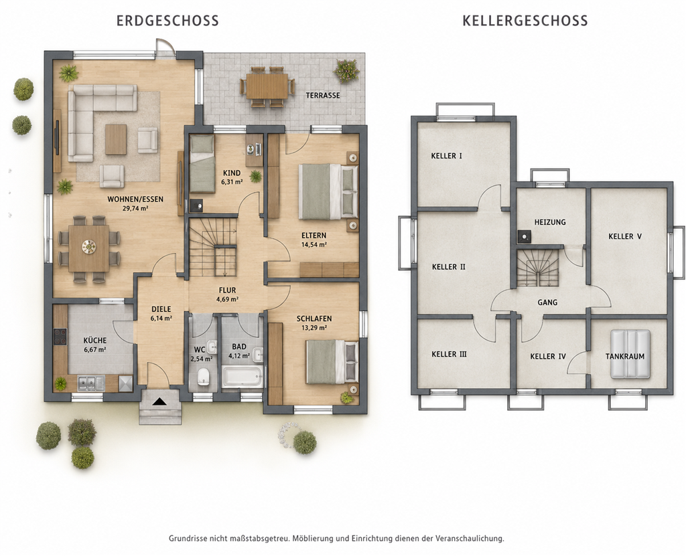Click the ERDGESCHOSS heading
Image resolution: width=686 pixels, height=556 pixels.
coord(167,21)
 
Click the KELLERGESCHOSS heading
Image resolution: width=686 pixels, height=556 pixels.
coord(525,21)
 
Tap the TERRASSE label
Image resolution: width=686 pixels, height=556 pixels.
coord(323,95)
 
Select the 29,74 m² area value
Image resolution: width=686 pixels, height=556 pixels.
coord(135,209)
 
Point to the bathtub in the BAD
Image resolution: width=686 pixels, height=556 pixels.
coord(243,376)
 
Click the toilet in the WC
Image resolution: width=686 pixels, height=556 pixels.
coord(203,376)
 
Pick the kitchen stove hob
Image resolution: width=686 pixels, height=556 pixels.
coord(60,337)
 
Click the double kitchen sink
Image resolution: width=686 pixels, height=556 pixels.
coord(91,383)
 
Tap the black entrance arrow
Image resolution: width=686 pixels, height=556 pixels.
coord(160,401)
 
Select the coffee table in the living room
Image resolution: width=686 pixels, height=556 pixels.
coord(116,139)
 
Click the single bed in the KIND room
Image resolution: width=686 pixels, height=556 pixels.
coord(202,163)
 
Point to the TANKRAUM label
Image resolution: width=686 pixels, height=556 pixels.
coord(625,356)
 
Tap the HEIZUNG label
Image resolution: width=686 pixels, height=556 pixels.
coord(550,222)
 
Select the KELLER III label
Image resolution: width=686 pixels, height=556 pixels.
coord(449,354)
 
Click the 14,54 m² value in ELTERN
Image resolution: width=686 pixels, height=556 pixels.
coord(314,245)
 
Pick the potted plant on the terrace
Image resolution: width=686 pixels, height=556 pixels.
coord(346,70)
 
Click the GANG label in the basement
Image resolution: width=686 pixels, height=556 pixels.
coord(547,302)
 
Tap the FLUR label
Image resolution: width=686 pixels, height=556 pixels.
coord(228,290)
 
